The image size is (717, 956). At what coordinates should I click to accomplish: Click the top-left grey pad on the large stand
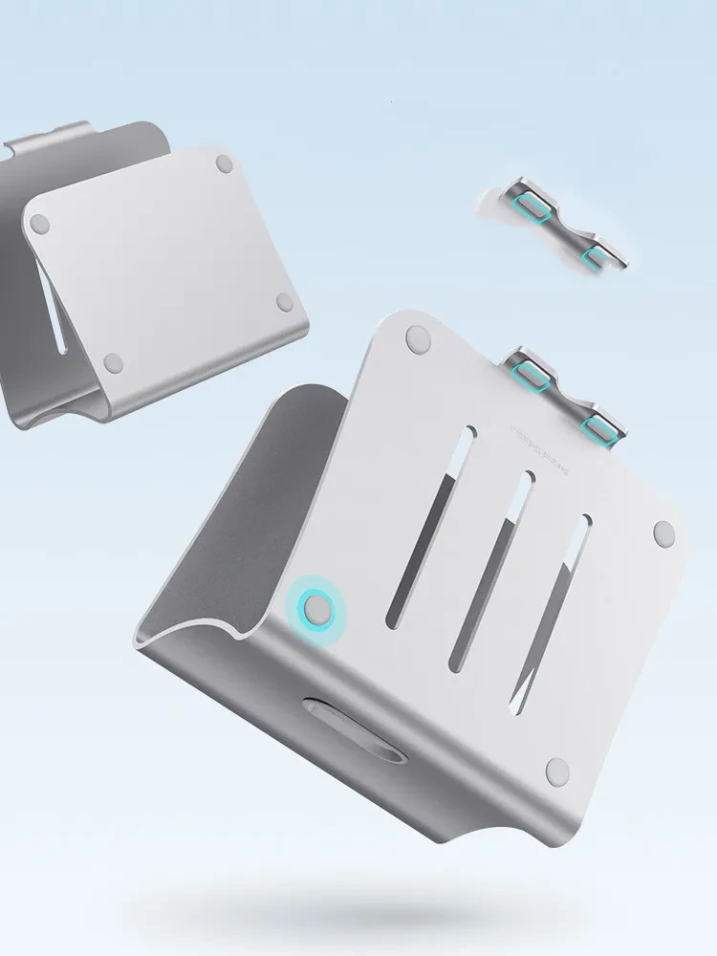pos(417,337)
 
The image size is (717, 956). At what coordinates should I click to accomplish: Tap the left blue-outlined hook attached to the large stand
pos(532,375)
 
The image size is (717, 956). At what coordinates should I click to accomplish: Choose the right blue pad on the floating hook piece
pos(597,255)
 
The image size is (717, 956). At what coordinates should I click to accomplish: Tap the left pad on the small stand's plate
pos(39,224)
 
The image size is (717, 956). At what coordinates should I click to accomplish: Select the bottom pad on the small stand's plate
pos(113,362)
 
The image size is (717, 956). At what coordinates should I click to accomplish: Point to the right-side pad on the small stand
pos(284,302)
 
